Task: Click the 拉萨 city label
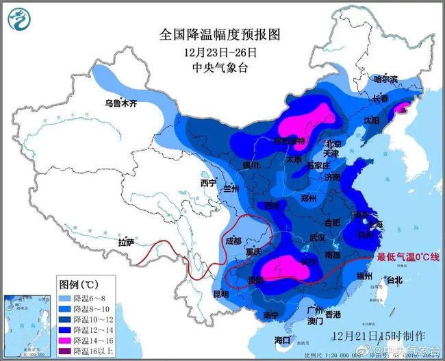[x=126, y=242]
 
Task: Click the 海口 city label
[x=282, y=340]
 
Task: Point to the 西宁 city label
[x=208, y=184]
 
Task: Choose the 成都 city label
[x=233, y=240]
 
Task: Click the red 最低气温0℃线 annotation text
[x=408, y=257]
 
